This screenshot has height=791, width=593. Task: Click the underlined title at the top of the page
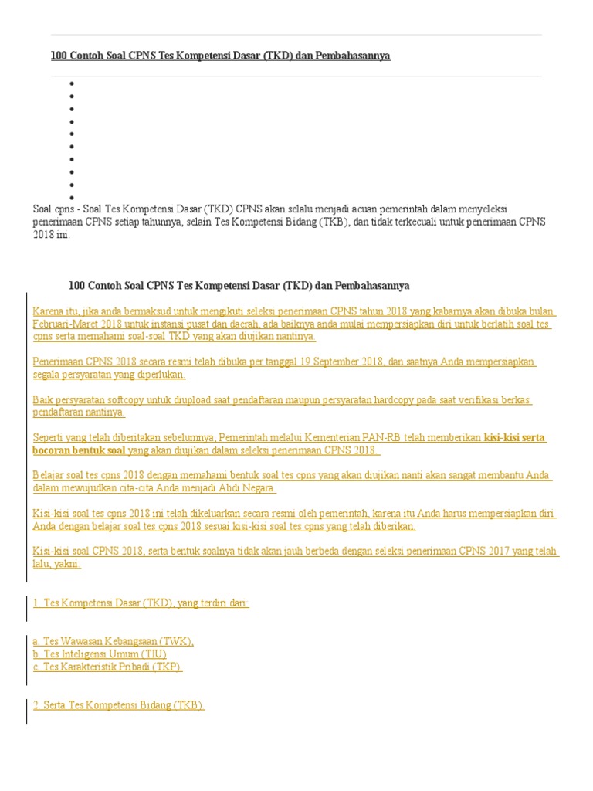220,56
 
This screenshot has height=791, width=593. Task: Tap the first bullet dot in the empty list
72,83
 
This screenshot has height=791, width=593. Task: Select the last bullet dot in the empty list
72,198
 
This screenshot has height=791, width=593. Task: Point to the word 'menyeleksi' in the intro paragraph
480,209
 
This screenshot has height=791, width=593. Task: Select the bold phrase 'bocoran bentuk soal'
79,450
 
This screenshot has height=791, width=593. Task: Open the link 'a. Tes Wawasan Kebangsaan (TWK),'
113,641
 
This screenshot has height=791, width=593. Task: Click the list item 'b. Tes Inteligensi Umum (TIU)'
100,654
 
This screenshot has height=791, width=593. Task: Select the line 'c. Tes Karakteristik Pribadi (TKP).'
107,667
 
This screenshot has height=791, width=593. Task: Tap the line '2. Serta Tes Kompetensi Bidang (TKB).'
118,705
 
